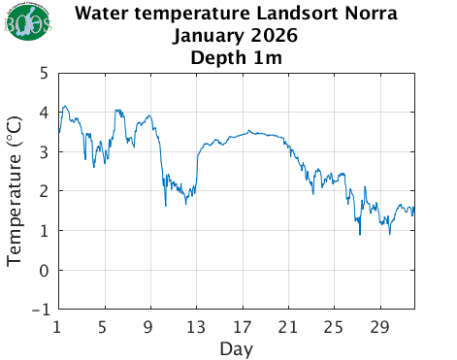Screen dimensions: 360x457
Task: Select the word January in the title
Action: pyautogui.click(x=208, y=36)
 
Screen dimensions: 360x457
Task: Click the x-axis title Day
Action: pyautogui.click(x=236, y=347)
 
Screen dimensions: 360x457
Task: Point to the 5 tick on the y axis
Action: pyautogui.click(x=45, y=73)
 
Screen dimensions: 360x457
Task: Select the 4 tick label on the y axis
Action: pyautogui.click(x=45, y=113)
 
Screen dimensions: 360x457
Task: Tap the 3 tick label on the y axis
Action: pyautogui.click(x=45, y=152)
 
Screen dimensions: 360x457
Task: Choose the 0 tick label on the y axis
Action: pyautogui.click(x=45, y=271)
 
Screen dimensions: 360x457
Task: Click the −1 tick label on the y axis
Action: pyautogui.click(x=40, y=311)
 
